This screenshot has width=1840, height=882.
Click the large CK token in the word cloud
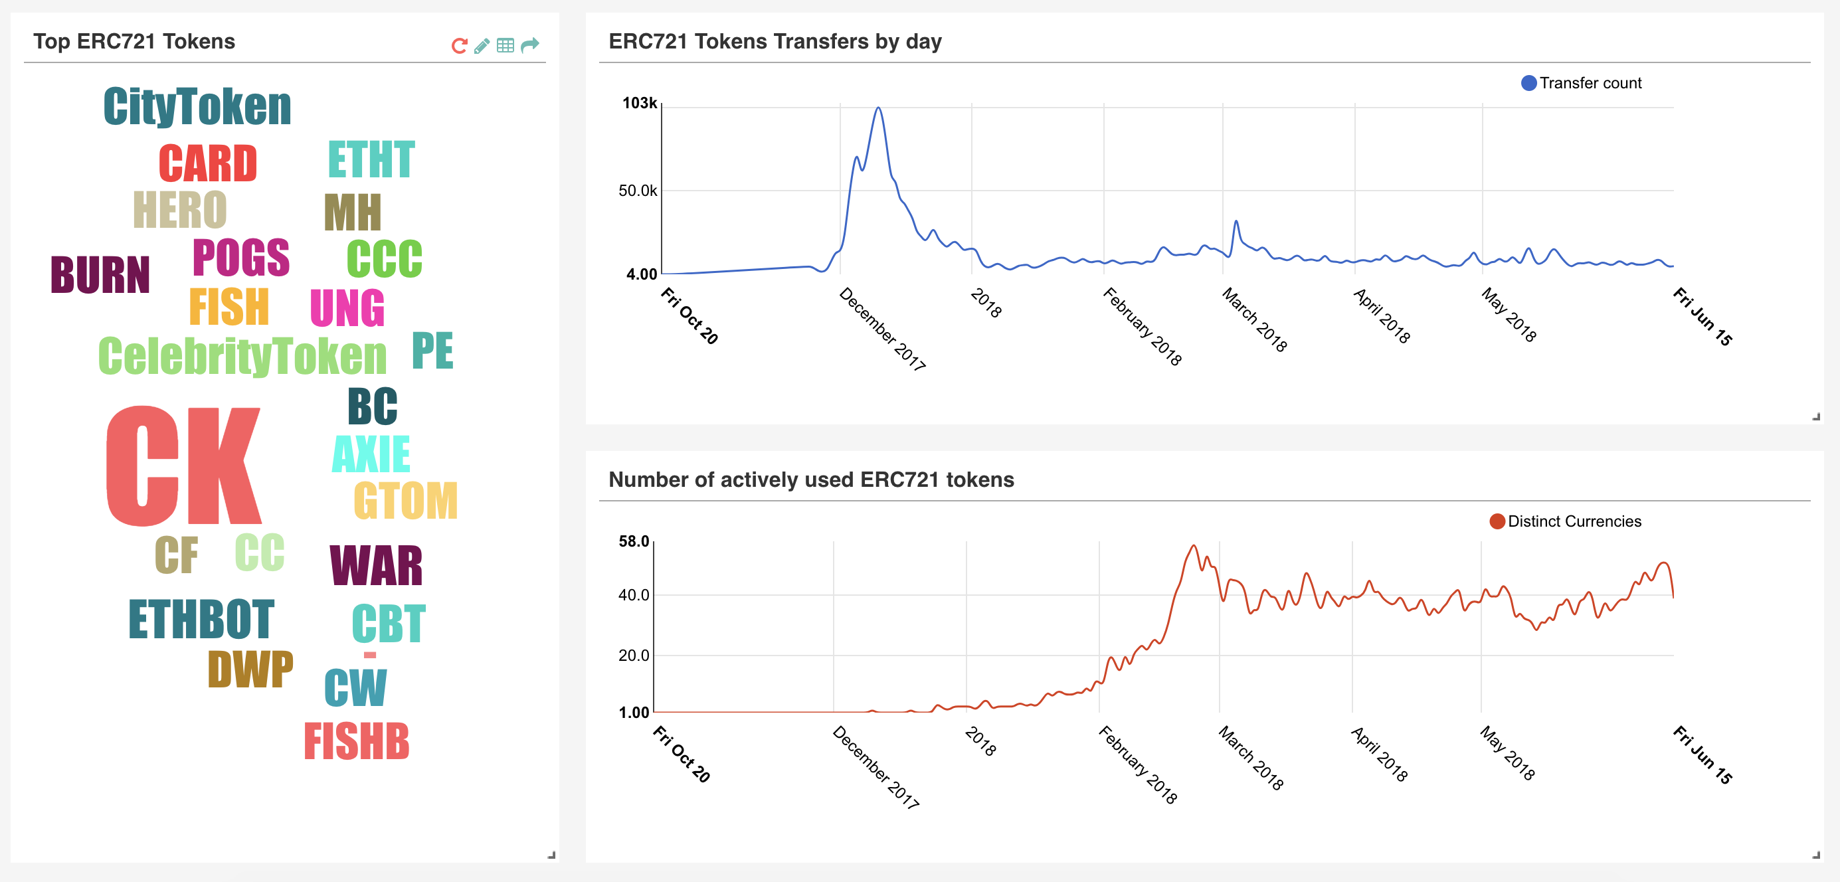coord(183,466)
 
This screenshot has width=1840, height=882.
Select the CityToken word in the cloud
coord(197,107)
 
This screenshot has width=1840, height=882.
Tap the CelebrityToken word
coord(242,357)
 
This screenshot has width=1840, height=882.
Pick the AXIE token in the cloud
coord(371,454)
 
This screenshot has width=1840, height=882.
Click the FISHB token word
coord(357,741)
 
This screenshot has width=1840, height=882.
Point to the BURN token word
coord(100,275)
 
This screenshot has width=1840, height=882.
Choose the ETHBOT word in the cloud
coord(201,619)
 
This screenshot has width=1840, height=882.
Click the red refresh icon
coord(459,46)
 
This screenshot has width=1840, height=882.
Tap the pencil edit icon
coord(482,46)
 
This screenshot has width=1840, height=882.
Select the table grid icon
coord(505,46)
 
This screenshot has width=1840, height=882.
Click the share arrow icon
coord(529,46)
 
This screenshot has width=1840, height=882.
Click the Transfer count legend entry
coord(1582,83)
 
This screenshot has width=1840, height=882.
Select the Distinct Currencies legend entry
coord(1566,521)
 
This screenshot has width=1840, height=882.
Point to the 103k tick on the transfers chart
coord(639,103)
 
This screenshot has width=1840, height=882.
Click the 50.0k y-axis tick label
coord(637,191)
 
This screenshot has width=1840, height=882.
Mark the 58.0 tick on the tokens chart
coord(634,541)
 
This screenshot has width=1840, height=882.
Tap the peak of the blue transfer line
coord(878,108)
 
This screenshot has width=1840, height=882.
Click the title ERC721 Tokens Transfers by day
coord(775,41)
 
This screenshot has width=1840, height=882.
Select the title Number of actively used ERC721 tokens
coord(810,480)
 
